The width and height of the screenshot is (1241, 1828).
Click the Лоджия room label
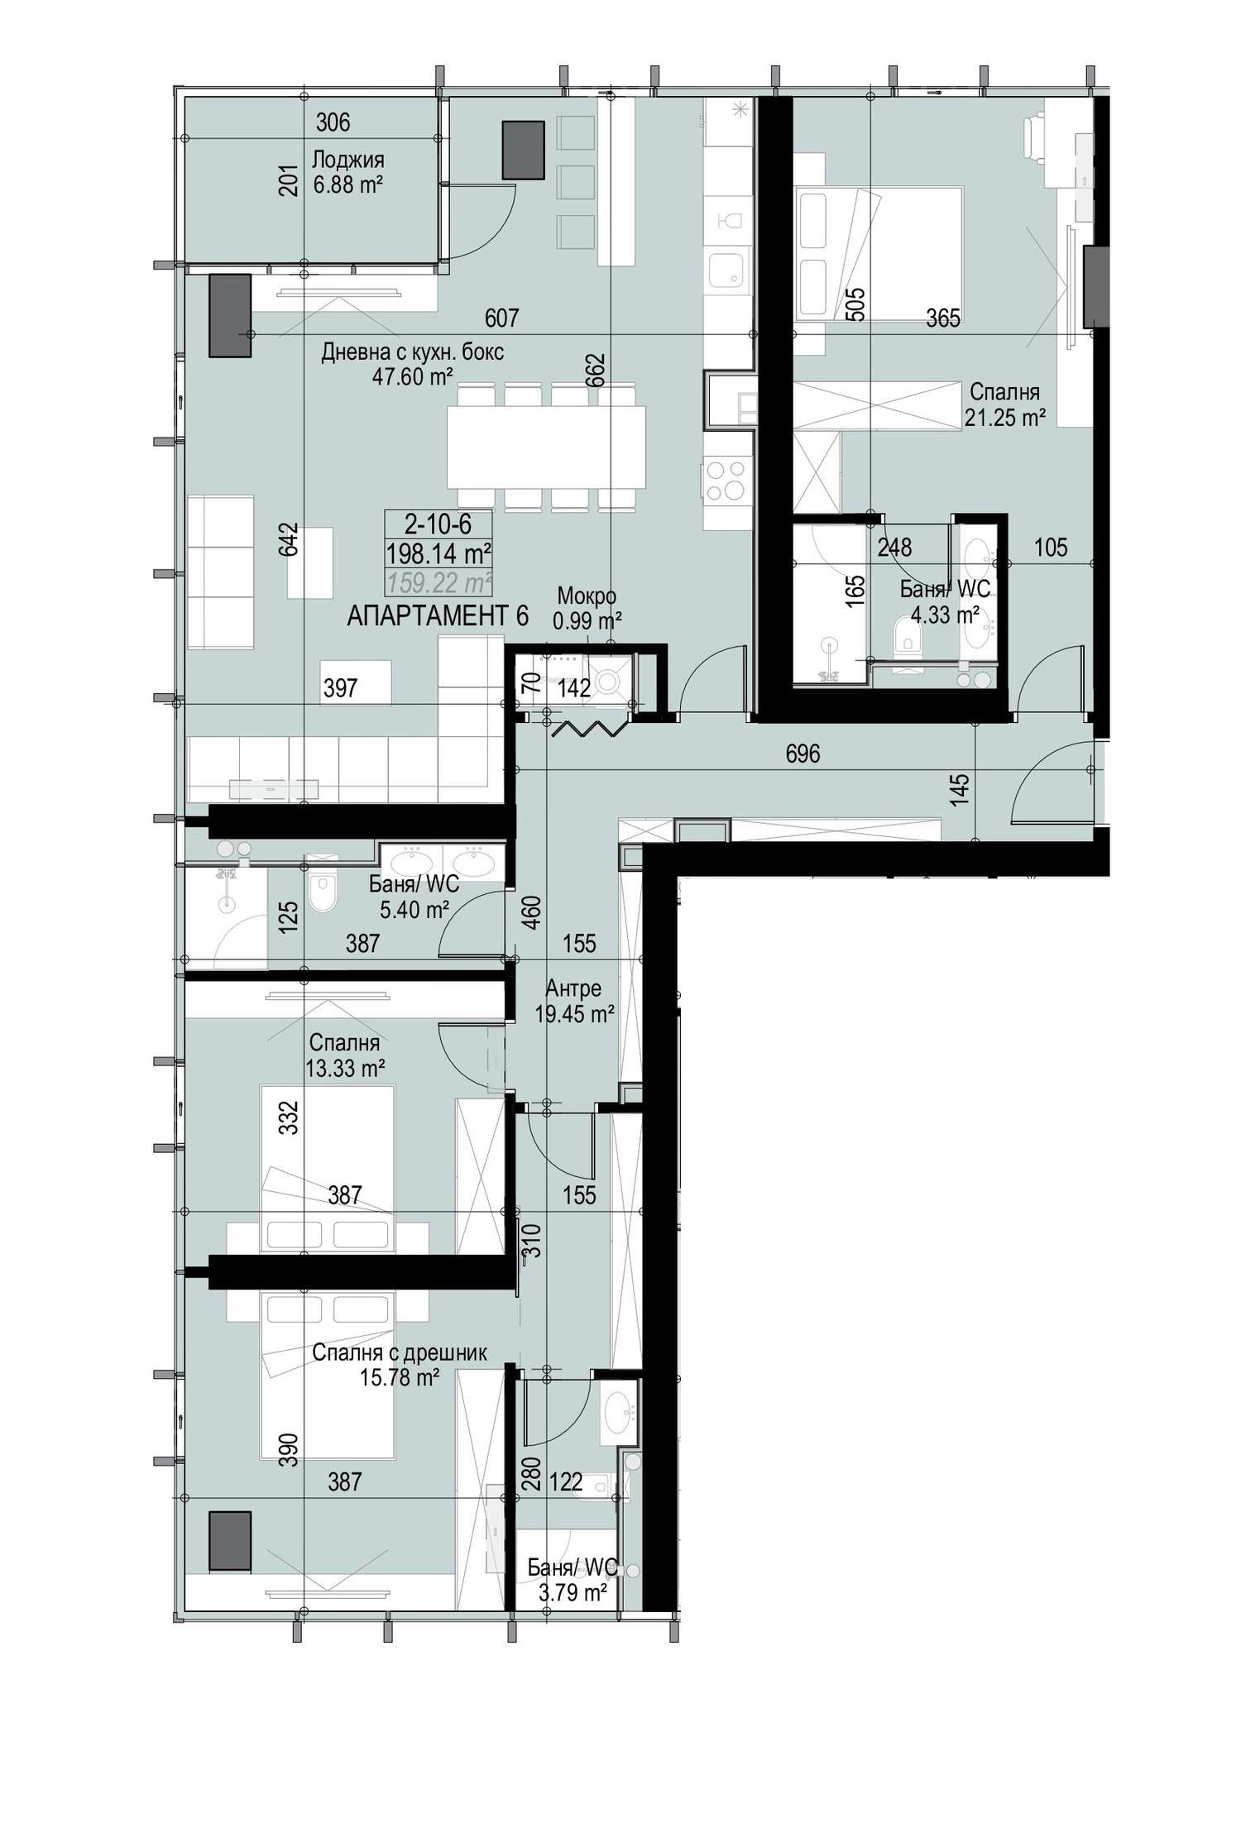point(347,159)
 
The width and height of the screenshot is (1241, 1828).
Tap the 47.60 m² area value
point(412,377)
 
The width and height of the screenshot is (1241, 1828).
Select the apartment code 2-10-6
point(438,524)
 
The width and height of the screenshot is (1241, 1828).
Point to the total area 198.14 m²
point(438,553)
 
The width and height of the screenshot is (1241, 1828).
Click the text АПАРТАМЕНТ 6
point(437,616)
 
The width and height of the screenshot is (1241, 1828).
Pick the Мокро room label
point(587,596)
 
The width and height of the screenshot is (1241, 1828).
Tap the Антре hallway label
point(573,988)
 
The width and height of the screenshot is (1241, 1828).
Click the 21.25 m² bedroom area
point(1004,418)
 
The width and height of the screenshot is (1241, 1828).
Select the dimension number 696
point(803,754)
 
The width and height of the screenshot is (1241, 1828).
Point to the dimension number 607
point(501,318)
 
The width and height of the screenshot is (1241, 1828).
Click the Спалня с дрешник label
point(400,1352)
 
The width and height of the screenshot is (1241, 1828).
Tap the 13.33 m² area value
point(345,1069)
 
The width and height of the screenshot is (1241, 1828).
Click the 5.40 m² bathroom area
point(414,911)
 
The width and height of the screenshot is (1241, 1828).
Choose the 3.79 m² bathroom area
point(573,1592)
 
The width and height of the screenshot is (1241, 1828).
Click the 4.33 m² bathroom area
point(945,615)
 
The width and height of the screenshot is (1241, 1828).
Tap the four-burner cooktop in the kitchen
point(725,480)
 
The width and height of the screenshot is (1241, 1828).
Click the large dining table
point(546,447)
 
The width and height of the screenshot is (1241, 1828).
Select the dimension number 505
point(856,304)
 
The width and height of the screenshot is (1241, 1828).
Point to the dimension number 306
point(333,122)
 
